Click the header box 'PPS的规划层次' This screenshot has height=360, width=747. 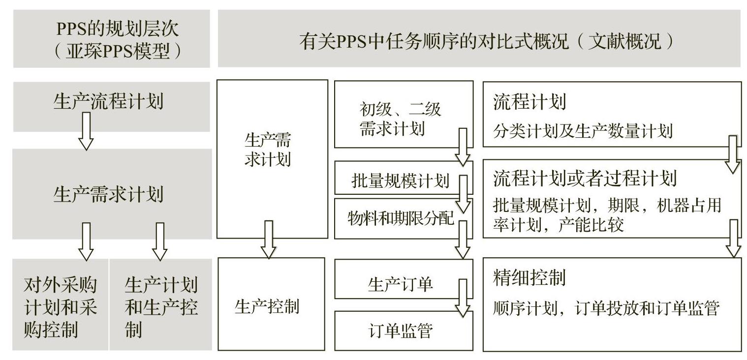(112, 38)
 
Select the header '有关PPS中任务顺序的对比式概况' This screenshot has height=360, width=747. (479, 38)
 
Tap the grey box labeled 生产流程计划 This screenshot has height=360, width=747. (108, 102)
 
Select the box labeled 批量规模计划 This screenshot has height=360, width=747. (401, 180)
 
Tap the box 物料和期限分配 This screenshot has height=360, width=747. (401, 217)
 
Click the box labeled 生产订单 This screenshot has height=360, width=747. (401, 285)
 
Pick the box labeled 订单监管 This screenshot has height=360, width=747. (401, 331)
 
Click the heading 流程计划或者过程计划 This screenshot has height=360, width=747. (585, 179)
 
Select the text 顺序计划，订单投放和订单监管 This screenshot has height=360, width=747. (606, 308)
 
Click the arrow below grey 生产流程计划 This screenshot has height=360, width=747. (86, 131)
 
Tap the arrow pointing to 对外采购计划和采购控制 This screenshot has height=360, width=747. (86, 241)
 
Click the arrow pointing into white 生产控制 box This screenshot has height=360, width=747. (268, 239)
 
